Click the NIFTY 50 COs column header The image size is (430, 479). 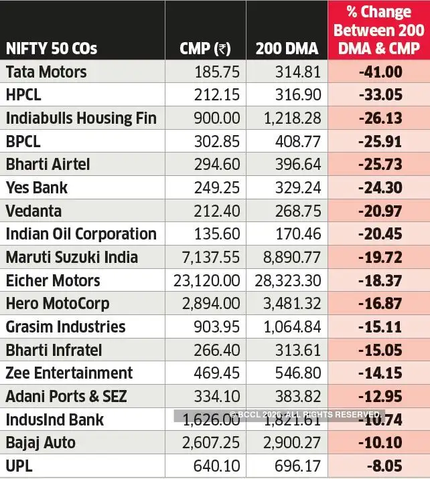[x=52, y=48]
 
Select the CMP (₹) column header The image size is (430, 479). [x=205, y=48]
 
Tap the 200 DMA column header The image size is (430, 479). [x=288, y=48]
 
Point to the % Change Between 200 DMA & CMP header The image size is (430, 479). [x=378, y=30]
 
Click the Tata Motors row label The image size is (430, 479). [x=46, y=72]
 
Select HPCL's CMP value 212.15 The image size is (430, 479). [x=214, y=95]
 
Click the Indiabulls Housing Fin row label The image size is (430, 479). [x=81, y=118]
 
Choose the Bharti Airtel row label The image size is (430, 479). [x=48, y=165]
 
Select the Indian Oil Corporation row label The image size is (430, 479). [x=81, y=234]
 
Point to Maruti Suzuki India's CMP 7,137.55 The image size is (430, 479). [x=206, y=258]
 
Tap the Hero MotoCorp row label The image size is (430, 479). [x=58, y=304]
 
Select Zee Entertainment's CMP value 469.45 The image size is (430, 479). [x=214, y=373]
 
